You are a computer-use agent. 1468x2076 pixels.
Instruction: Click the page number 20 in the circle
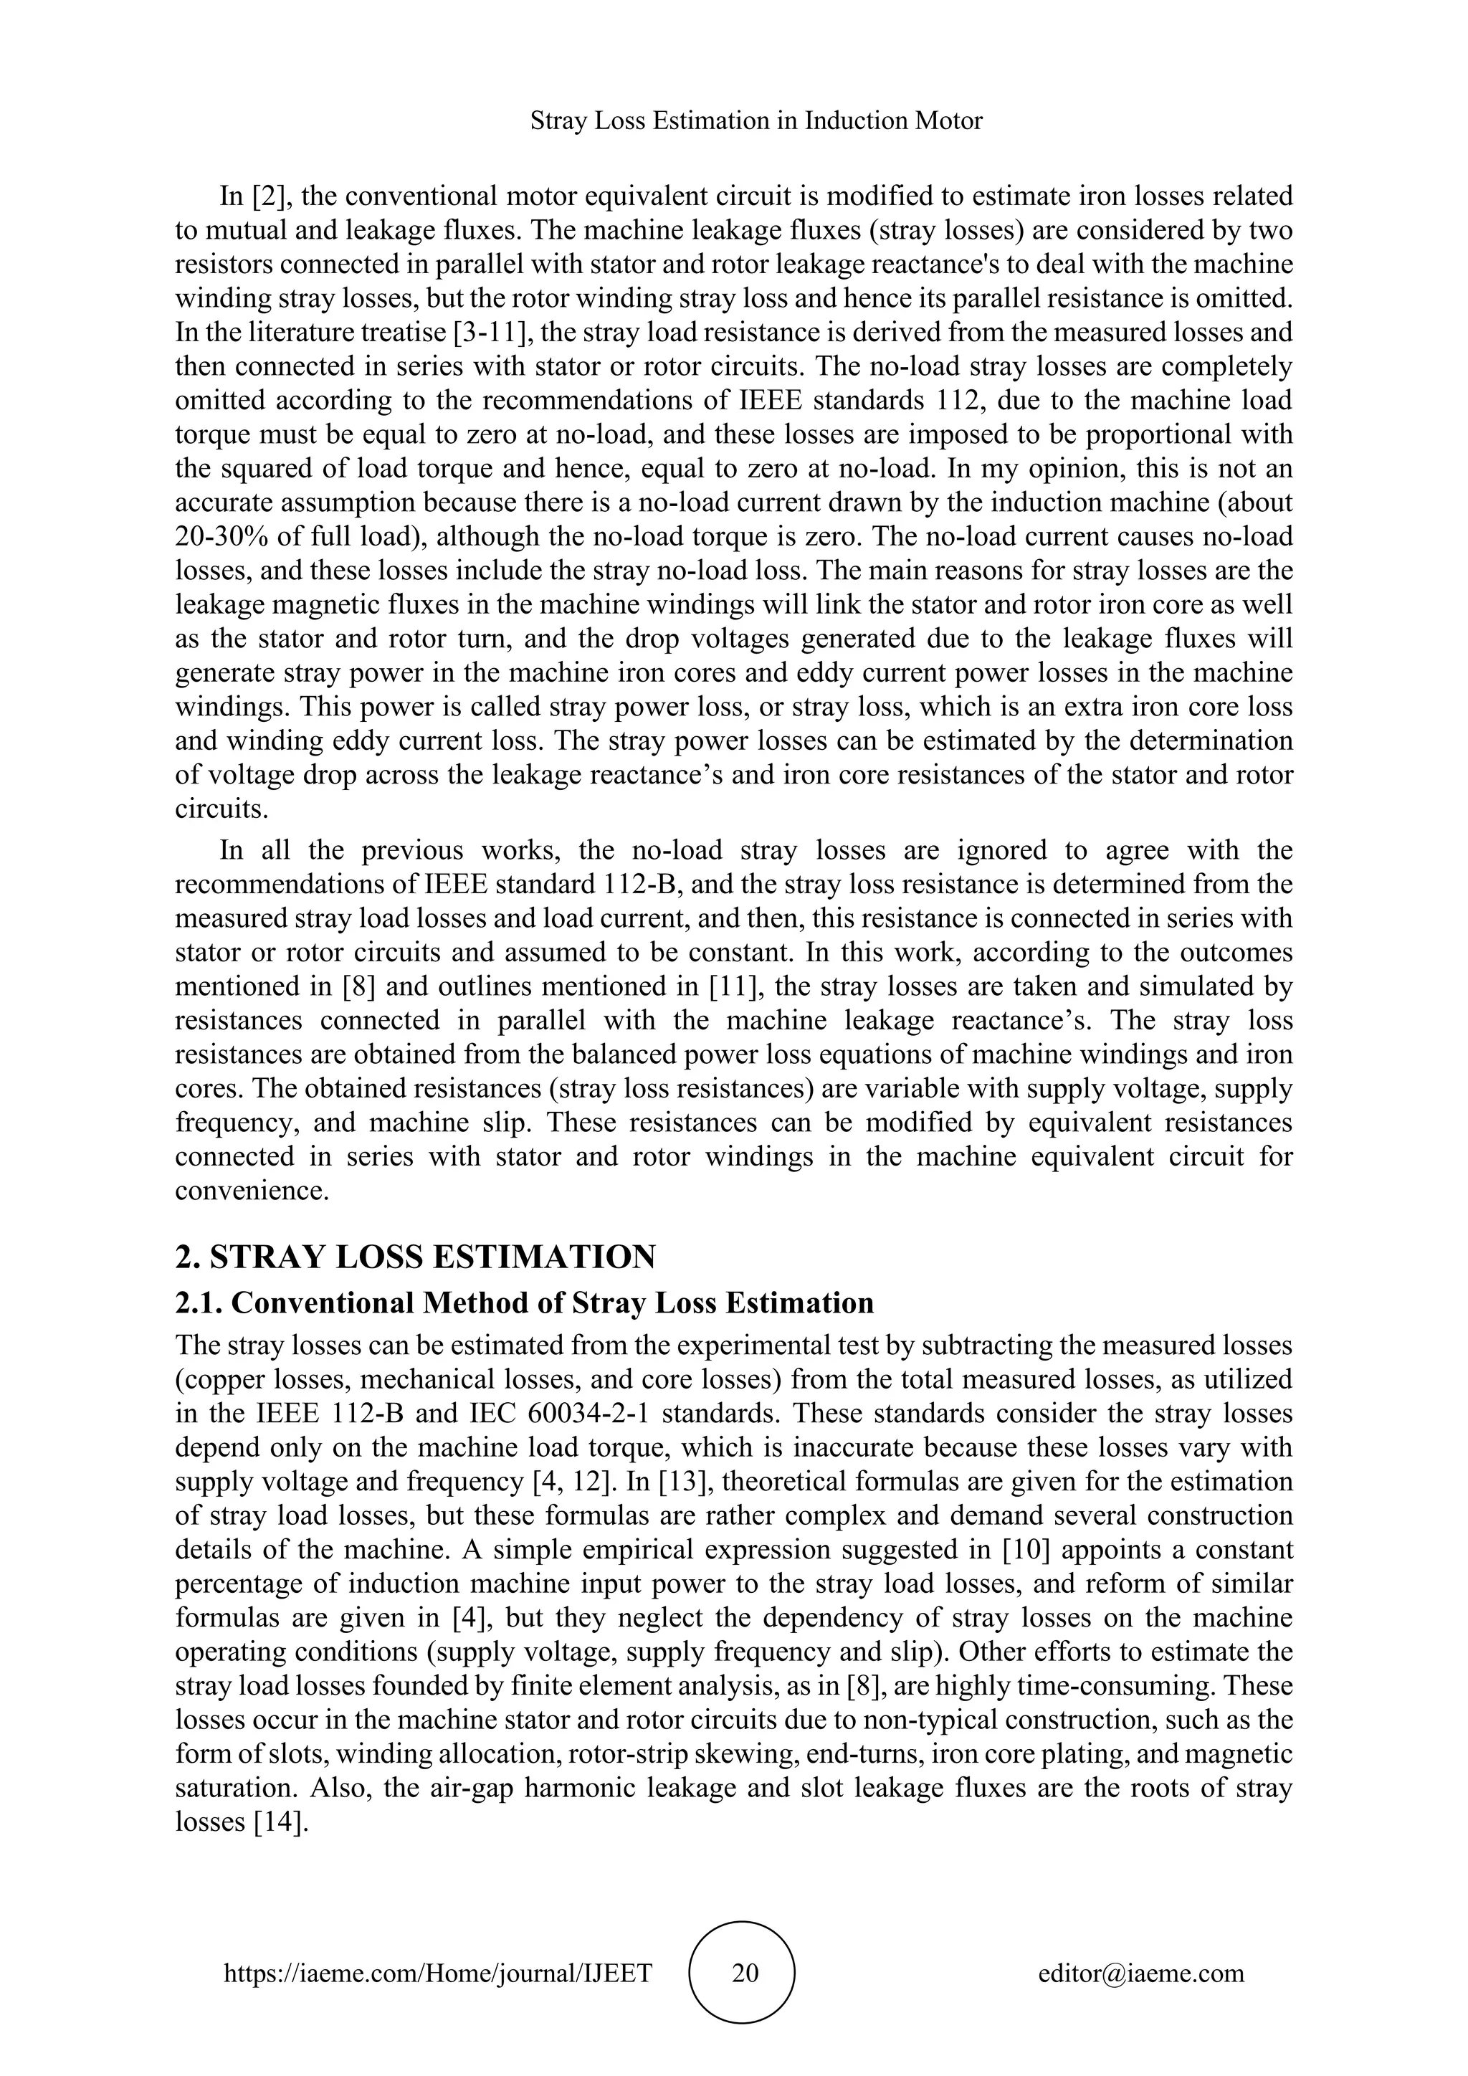pos(745,1972)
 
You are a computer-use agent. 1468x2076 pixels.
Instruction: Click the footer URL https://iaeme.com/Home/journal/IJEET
pos(437,1972)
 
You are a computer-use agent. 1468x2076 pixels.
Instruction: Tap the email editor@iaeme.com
pos(1140,1972)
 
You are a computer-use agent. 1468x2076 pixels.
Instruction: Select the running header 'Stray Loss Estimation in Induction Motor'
pos(756,120)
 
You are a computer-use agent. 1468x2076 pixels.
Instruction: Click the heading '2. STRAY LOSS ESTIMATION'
pos(415,1257)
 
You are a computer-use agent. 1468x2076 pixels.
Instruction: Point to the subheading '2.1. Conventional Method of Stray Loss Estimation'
pos(524,1303)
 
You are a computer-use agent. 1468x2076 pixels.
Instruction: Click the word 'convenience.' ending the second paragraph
pos(252,1191)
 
